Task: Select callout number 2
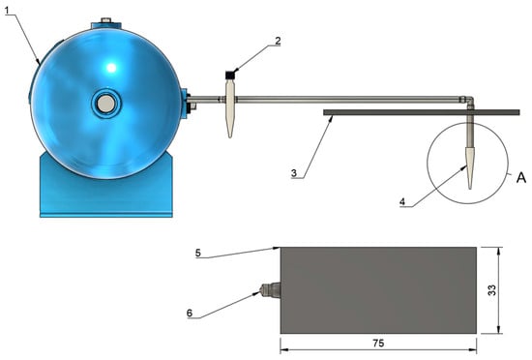[278, 41]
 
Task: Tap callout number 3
[294, 173]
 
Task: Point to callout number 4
[402, 201]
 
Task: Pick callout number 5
[198, 253]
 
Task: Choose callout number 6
[190, 313]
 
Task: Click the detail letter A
[521, 177]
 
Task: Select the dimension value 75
[378, 344]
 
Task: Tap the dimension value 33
[491, 289]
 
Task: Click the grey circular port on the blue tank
[105, 104]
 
